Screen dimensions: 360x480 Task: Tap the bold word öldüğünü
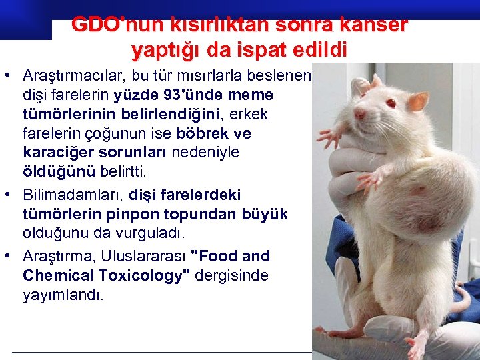coord(59,172)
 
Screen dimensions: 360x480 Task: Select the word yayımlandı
coord(63,295)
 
